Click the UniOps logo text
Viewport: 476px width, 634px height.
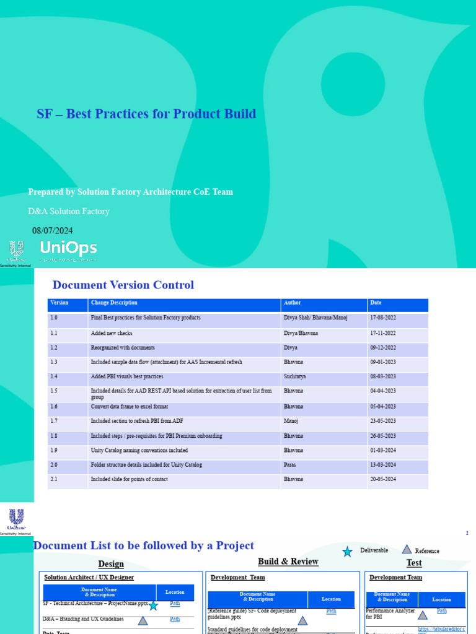pyautogui.click(x=68, y=249)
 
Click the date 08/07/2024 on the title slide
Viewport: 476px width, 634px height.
pyautogui.click(x=53, y=231)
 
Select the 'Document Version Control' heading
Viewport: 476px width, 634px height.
pyautogui.click(x=123, y=285)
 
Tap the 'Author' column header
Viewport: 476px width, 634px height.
pyautogui.click(x=292, y=303)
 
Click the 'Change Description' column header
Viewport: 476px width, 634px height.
pyautogui.click(x=114, y=303)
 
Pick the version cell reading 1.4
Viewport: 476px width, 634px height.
pyautogui.click(x=54, y=376)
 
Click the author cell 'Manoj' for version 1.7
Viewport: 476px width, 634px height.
pyautogui.click(x=291, y=421)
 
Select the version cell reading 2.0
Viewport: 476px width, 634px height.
pyautogui.click(x=54, y=465)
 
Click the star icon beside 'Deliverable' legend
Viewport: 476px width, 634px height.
pyautogui.click(x=348, y=551)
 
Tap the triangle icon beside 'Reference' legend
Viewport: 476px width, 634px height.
pyautogui.click(x=407, y=549)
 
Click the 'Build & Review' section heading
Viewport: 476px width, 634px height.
pyautogui.click(x=288, y=562)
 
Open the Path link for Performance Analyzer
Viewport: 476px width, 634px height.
pyautogui.click(x=442, y=611)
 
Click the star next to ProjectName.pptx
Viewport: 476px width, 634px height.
pyautogui.click(x=153, y=606)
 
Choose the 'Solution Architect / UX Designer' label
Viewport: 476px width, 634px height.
pyautogui.click(x=89, y=578)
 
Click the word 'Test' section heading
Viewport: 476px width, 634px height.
pyautogui.click(x=414, y=563)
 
